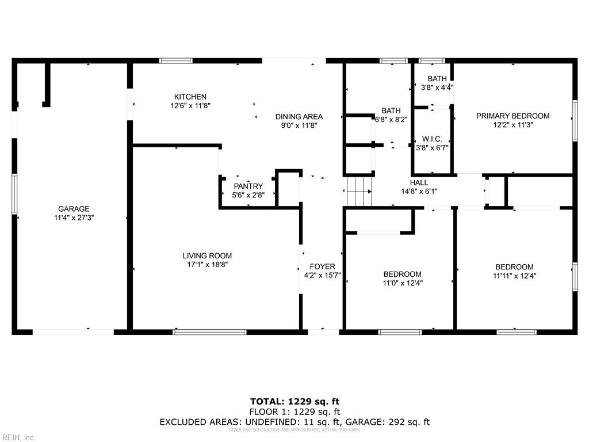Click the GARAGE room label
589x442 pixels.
74,209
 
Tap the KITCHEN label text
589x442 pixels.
190,97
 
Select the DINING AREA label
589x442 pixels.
299,116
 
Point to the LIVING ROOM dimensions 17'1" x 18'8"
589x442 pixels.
207,265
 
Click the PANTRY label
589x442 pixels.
248,186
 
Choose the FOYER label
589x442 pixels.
322,266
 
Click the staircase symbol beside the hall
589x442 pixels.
358,190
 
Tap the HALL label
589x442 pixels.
419,182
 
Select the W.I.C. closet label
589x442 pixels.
432,139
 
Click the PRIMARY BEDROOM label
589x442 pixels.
512,116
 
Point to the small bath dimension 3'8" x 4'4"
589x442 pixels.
437,88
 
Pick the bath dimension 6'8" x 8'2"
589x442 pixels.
391,120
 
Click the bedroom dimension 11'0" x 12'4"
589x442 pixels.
403,283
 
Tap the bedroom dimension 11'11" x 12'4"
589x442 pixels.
514,276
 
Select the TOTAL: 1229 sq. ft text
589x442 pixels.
294,401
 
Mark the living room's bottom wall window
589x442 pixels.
210,331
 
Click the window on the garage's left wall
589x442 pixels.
15,194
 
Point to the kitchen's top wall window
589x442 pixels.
175,60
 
